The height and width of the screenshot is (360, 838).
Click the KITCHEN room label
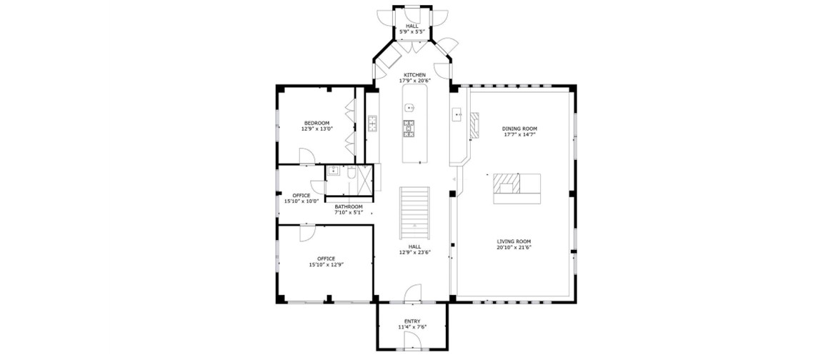point(414,75)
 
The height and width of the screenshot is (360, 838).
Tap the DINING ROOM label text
point(519,129)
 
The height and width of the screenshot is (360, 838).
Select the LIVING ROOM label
point(514,241)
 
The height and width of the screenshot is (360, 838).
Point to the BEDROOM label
point(317,123)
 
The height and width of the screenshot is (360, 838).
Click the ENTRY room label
point(412,321)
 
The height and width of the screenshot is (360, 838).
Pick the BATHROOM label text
point(349,206)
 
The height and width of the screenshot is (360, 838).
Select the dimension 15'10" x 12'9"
point(326,264)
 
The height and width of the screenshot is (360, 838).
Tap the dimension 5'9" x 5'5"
point(412,31)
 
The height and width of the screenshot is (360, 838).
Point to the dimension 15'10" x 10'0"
point(301,201)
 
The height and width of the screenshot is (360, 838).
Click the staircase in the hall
point(415,214)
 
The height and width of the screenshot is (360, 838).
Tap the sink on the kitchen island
point(410,108)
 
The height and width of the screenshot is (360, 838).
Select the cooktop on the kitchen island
point(409,129)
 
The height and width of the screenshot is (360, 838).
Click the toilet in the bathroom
point(351,173)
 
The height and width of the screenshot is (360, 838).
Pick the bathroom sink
point(332,171)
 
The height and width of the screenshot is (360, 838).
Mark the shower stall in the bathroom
point(365,178)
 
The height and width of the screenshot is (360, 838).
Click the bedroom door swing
point(307,156)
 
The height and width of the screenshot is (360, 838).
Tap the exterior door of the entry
point(412,340)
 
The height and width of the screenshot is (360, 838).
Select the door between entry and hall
point(413,293)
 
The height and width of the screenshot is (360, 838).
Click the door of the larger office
point(307,234)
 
